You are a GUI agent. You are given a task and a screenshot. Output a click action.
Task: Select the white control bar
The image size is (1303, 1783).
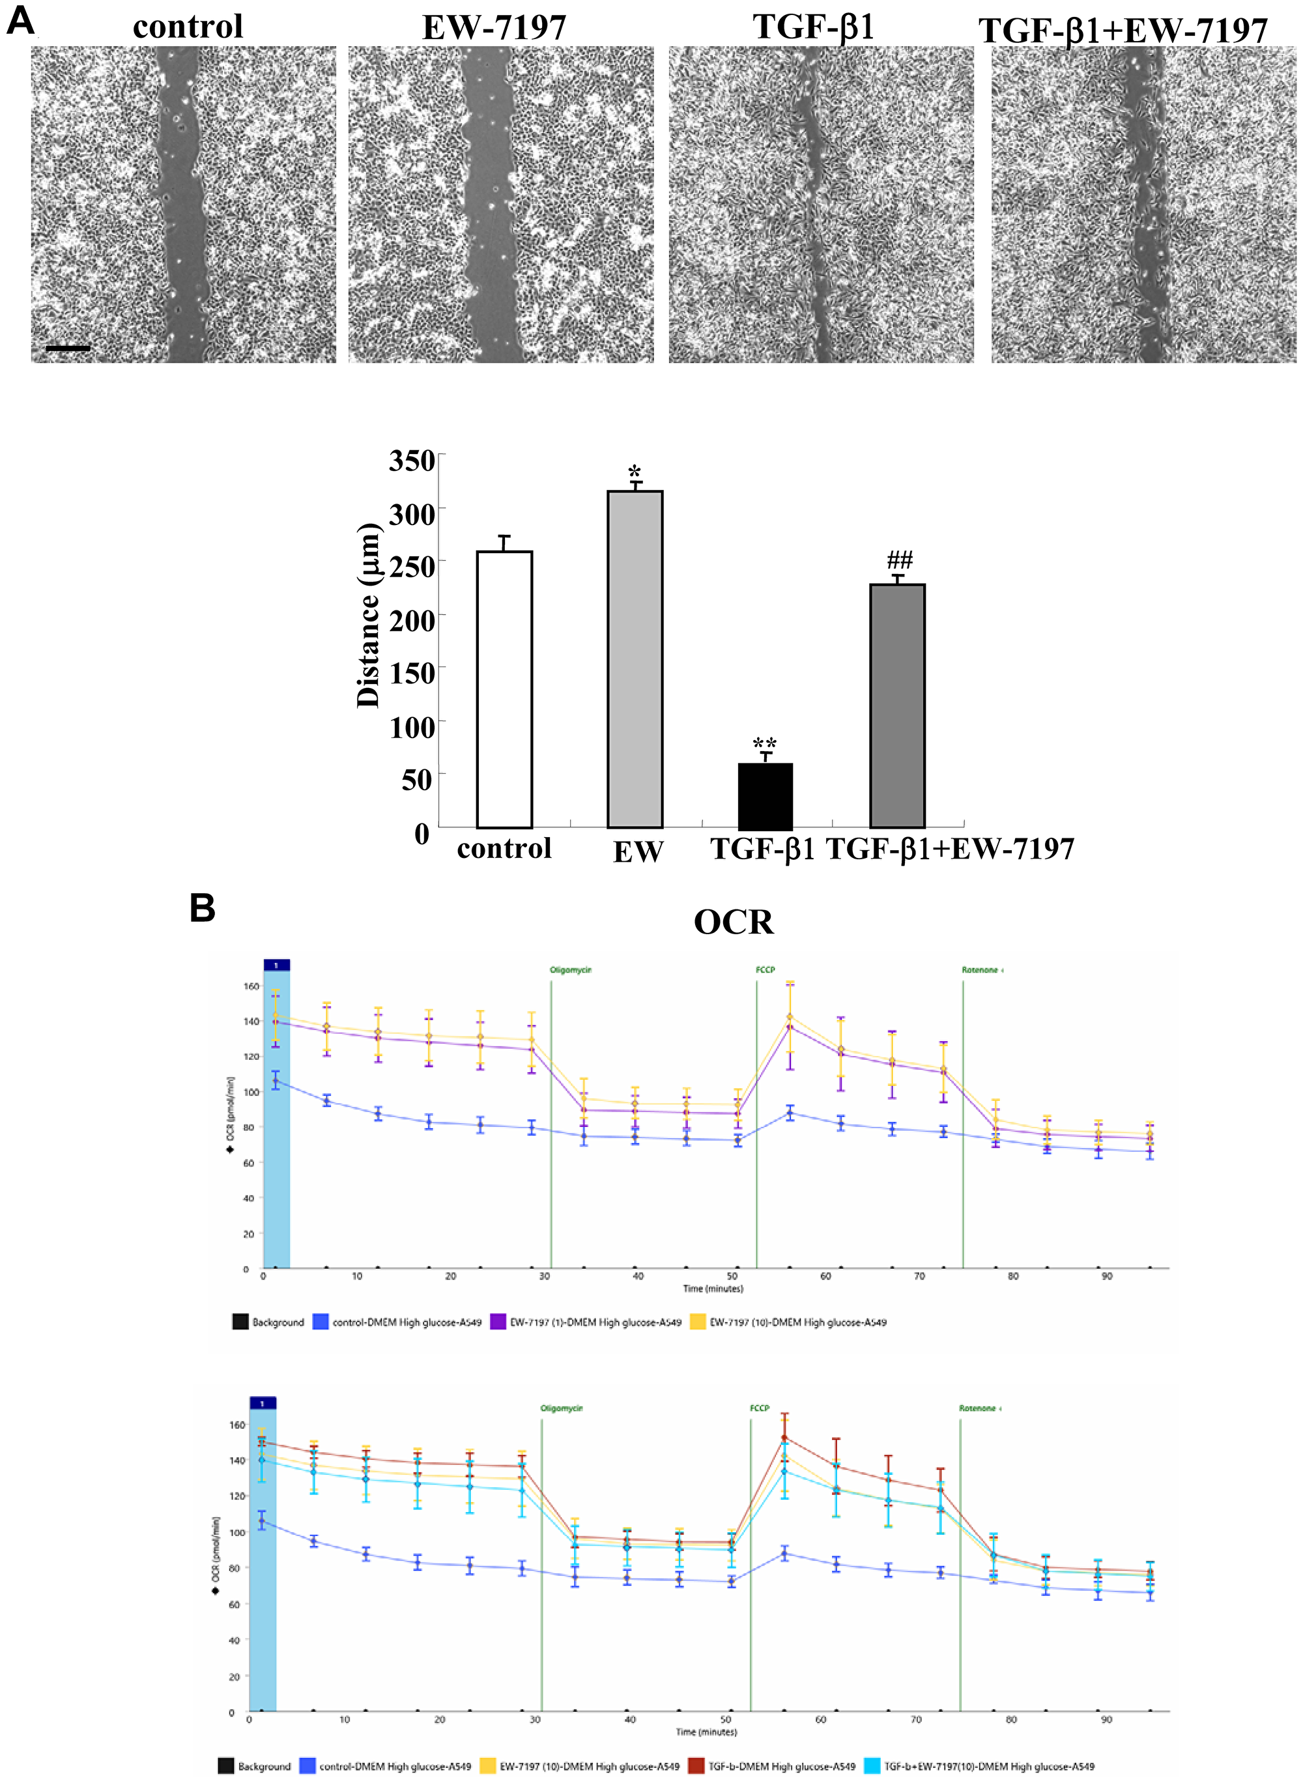[504, 689]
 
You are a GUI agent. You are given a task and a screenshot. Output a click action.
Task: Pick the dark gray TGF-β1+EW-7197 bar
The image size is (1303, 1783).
[897, 706]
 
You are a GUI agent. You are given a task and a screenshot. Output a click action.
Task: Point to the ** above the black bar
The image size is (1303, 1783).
[764, 744]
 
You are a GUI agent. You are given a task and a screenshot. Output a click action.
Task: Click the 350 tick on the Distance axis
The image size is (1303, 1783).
[412, 461]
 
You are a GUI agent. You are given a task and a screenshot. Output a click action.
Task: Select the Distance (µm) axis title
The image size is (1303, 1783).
[368, 615]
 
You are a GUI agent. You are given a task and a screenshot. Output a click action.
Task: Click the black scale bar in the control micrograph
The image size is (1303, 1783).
[68, 348]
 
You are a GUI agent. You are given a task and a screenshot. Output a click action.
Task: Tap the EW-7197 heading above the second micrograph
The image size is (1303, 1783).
[494, 29]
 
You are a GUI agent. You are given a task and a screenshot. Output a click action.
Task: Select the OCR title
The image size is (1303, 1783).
[734, 922]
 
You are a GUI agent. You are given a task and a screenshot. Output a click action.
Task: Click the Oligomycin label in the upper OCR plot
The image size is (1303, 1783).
[570, 970]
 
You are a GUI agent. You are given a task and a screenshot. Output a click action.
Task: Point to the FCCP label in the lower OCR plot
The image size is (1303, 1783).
[759, 1408]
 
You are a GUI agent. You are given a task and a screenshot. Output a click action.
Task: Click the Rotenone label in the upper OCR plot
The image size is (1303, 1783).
[981, 970]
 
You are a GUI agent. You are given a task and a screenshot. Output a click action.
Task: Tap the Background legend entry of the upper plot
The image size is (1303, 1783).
[269, 1322]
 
